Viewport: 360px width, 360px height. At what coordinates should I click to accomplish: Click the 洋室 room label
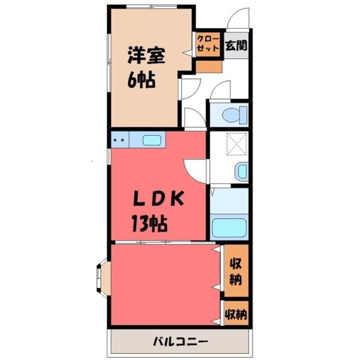click(x=146, y=55)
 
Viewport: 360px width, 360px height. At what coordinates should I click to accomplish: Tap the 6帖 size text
click(x=141, y=80)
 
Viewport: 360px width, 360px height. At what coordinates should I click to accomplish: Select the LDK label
click(x=159, y=198)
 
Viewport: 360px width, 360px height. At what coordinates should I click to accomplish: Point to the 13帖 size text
click(x=149, y=224)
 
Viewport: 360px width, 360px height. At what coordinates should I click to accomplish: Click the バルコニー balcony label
click(x=181, y=342)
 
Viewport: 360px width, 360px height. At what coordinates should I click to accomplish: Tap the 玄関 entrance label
click(x=236, y=45)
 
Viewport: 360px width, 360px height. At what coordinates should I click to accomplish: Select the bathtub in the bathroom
click(x=229, y=227)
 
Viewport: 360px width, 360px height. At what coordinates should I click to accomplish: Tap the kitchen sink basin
click(x=152, y=140)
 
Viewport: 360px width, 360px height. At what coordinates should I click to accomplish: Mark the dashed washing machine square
click(x=237, y=144)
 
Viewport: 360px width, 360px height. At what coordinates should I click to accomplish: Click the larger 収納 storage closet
click(x=236, y=271)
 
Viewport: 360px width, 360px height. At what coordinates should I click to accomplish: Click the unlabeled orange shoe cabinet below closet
click(x=209, y=67)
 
